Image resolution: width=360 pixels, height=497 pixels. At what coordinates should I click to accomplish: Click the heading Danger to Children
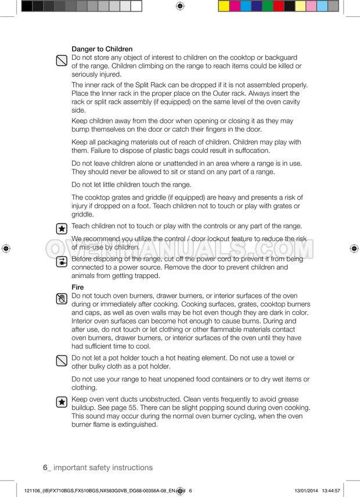coord(102,49)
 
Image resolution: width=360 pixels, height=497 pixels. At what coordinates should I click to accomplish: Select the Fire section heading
coord(77,287)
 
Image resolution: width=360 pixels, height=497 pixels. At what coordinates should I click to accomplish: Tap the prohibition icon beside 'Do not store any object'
coord(61,60)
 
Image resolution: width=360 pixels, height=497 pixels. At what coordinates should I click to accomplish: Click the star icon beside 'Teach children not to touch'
coord(61,229)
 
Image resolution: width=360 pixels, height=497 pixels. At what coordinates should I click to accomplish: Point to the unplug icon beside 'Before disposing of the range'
coord(61,262)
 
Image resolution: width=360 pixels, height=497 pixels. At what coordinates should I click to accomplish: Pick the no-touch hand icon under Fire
coord(61,299)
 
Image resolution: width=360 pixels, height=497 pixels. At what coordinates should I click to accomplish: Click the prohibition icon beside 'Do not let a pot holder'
coord(61,361)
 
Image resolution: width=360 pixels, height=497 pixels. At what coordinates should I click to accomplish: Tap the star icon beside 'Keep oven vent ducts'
coord(61,402)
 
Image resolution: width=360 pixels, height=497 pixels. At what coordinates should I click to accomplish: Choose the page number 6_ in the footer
coord(47,467)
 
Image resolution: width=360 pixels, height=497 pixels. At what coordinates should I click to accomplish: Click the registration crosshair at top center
coord(179,6)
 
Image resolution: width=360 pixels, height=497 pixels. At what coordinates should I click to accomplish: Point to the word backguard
coord(278,57)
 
